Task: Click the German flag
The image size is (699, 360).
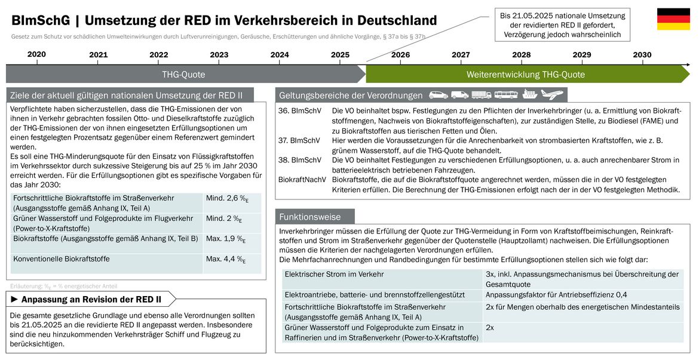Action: pyautogui.click(x=673, y=19)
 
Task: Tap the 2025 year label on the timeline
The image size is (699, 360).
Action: pyautogui.click(x=340, y=55)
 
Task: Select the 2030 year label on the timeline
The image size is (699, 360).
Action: pyautogui.click(x=642, y=55)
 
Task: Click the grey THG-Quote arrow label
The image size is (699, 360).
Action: pyautogui.click(x=183, y=75)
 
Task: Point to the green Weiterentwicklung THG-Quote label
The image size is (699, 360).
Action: pyautogui.click(x=526, y=75)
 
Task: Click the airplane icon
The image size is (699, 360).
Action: pyautogui.click(x=552, y=94)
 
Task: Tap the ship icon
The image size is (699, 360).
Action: pyautogui.click(x=530, y=94)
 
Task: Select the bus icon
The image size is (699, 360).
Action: pyautogui.click(x=506, y=95)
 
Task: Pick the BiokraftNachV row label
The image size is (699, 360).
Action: pyautogui.click(x=302, y=180)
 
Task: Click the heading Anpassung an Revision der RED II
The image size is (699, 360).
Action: pyautogui.click(x=91, y=300)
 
